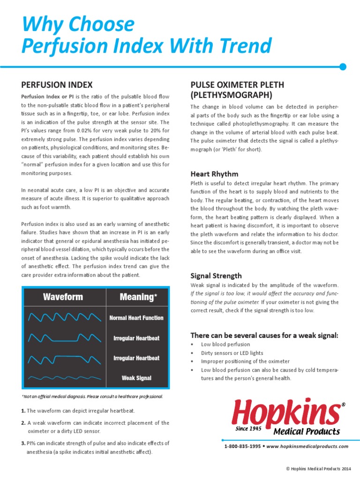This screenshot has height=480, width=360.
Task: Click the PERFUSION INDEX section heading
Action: (57, 85)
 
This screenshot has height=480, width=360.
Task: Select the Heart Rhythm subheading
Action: (214, 174)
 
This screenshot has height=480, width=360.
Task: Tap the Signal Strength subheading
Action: (216, 276)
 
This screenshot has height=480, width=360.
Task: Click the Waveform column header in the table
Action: (63, 297)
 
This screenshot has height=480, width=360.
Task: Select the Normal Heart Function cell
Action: (136, 318)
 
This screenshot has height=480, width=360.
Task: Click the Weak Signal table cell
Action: (136, 378)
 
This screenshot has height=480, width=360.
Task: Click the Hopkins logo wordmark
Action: (286, 412)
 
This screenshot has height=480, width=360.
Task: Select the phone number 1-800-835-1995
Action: (242, 447)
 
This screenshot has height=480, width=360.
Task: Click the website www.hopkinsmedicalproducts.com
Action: (307, 447)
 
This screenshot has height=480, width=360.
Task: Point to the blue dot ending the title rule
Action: (343, 67)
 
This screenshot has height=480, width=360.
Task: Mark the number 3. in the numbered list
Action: (23, 443)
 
